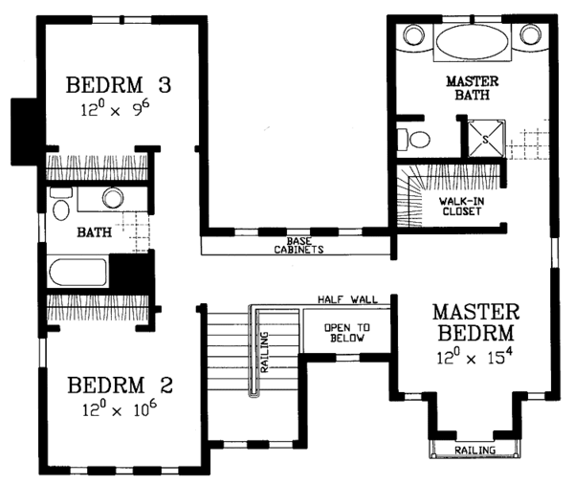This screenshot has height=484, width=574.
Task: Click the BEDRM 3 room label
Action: (119, 85)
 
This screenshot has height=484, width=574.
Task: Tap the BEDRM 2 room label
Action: (121, 385)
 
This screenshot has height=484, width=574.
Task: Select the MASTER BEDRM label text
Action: (475, 322)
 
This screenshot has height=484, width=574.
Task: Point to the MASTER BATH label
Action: (473, 88)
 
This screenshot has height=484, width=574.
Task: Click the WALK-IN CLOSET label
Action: (462, 206)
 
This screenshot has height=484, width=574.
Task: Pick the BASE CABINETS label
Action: (298, 246)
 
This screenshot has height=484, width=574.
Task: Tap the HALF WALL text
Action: (347, 299)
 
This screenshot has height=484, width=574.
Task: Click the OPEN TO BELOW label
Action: (347, 333)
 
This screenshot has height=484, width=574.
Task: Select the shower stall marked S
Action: (486, 139)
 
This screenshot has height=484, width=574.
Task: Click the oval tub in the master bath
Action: (473, 42)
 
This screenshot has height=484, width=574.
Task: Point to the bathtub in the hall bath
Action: (77, 272)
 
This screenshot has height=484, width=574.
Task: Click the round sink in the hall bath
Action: (113, 198)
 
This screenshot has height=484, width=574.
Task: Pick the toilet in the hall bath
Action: (60, 205)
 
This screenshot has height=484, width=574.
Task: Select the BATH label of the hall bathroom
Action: (94, 232)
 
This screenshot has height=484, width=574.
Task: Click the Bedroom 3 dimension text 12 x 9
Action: (115, 109)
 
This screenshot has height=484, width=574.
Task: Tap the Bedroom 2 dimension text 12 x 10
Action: (120, 408)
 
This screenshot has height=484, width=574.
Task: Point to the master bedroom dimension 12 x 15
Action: (475, 356)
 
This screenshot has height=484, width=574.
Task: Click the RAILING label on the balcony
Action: (475, 450)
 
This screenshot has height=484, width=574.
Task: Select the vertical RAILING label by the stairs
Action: (264, 352)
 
